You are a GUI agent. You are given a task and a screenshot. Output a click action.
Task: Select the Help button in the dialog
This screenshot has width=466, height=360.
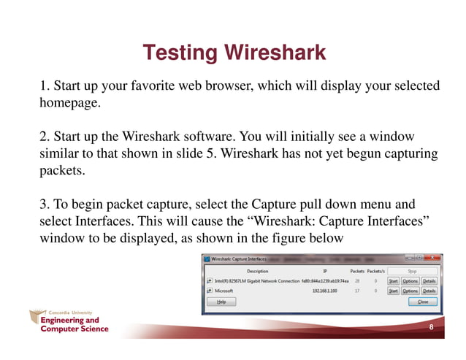[221, 301]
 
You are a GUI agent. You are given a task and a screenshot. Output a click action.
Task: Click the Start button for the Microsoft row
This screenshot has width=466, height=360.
[393, 291]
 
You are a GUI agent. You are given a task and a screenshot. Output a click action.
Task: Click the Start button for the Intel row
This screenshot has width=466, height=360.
[393, 280]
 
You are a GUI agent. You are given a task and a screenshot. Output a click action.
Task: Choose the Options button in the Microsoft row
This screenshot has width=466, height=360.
[410, 291]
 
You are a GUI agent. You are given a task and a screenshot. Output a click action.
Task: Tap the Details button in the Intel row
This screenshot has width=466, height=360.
[429, 280]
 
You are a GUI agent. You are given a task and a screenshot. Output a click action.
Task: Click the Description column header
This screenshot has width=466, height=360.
[257, 271]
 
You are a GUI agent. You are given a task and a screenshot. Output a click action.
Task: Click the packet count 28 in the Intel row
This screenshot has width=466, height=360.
[358, 280]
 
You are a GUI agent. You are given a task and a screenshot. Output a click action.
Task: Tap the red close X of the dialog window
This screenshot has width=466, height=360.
[433, 258]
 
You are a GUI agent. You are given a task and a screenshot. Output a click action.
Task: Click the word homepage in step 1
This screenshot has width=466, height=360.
[69, 104]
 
